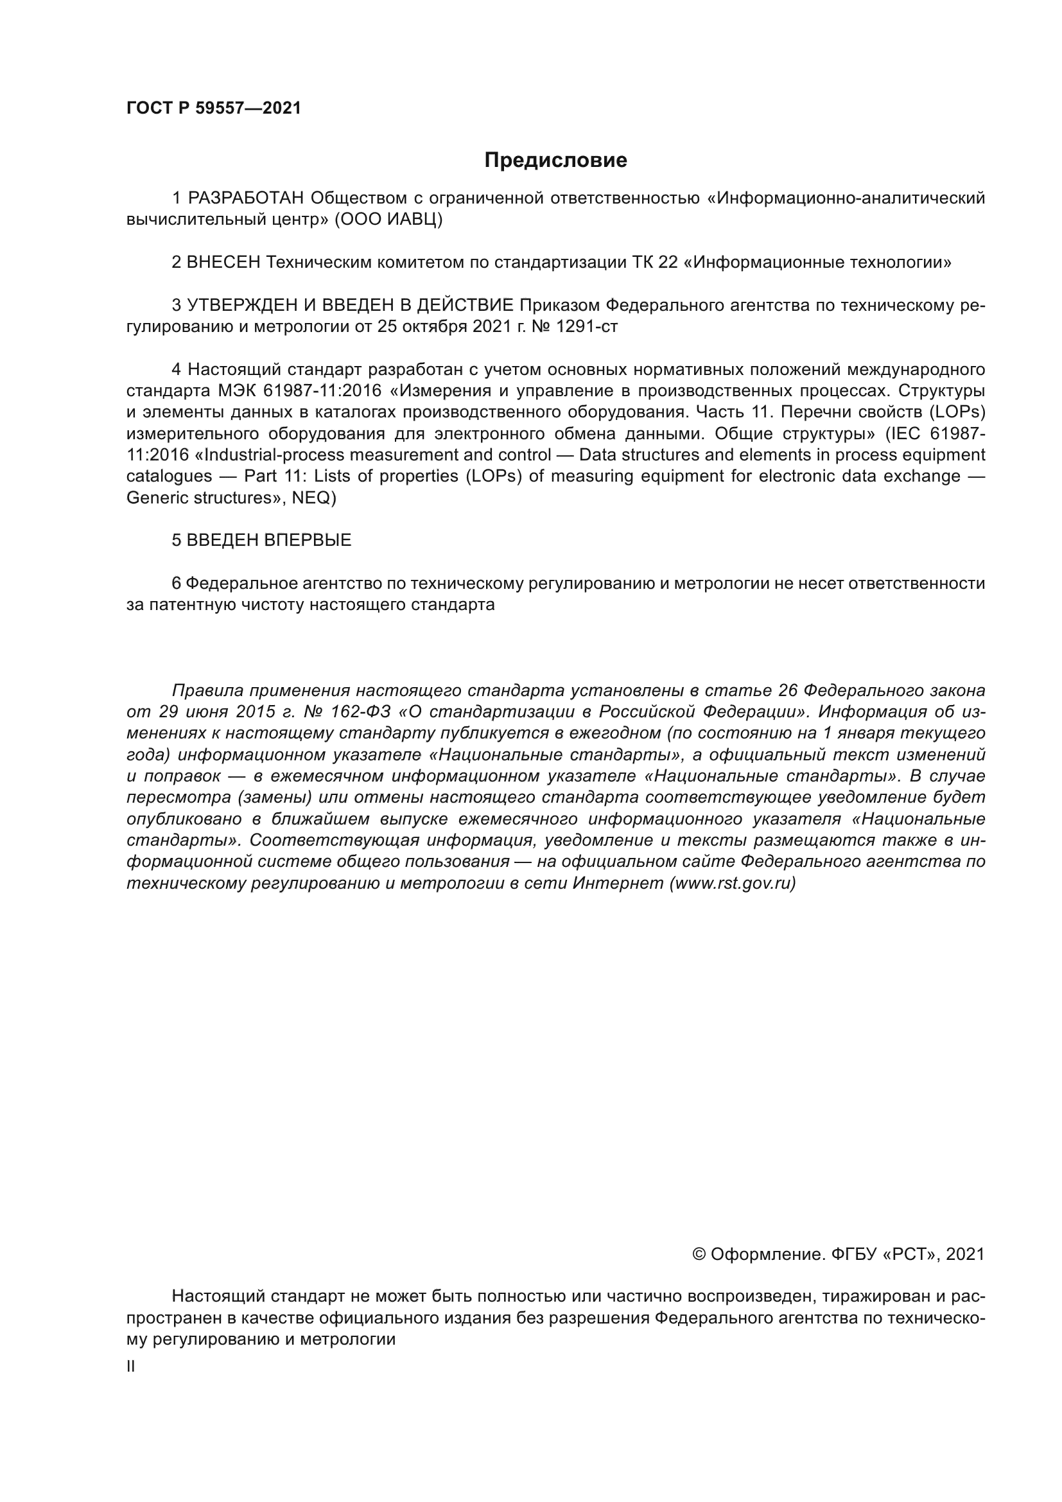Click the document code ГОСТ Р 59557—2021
pyautogui.click(x=214, y=109)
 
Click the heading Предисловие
pyautogui.click(x=555, y=161)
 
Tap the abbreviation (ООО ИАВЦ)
pyautogui.click(x=388, y=219)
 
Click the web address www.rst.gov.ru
pyautogui.click(x=733, y=883)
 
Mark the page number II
pyautogui.click(x=131, y=1367)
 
